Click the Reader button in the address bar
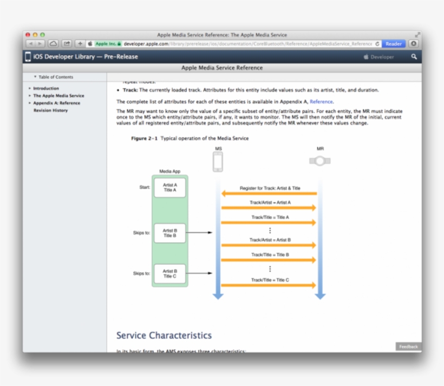pyautogui.click(x=394, y=44)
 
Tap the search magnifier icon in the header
pyautogui.click(x=414, y=57)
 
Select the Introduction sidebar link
pyautogui.click(x=46, y=88)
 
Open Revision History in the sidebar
pyautogui.click(x=50, y=110)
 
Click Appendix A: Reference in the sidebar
pyautogui.click(x=56, y=103)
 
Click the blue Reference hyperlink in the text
pyautogui.click(x=321, y=101)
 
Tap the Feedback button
pyautogui.click(x=408, y=346)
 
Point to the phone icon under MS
pyautogui.click(x=218, y=161)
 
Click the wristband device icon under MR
pyautogui.click(x=320, y=161)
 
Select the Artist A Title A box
pyautogui.click(x=170, y=188)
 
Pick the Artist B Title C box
pyautogui.click(x=170, y=273)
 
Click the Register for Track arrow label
pyautogui.click(x=270, y=188)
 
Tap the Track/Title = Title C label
pyautogui.click(x=270, y=280)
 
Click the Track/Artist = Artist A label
pyautogui.click(x=270, y=202)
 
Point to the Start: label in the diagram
pyautogui.click(x=145, y=187)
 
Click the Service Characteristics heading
pyautogui.click(x=164, y=336)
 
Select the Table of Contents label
pyautogui.click(x=55, y=77)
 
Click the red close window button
pyautogui.click(x=28, y=35)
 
